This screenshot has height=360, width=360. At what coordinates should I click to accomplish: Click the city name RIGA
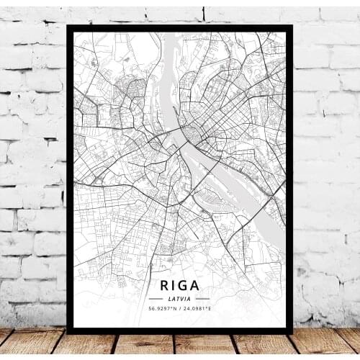click(x=180, y=283)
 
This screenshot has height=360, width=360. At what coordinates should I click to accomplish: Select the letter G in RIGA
click(x=184, y=283)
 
